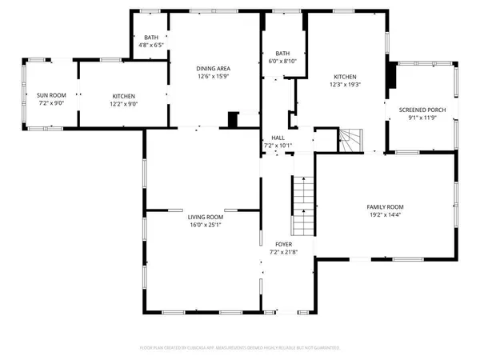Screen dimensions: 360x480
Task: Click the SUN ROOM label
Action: coord(50,95)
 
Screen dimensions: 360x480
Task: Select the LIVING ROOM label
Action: coord(205,217)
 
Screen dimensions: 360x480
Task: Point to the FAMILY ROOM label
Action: coord(385,206)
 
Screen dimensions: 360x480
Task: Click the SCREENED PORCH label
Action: coord(422,110)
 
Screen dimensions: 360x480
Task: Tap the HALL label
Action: coord(278,138)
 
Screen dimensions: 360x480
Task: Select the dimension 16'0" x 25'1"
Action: coord(205,225)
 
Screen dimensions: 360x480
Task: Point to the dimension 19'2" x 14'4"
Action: coord(385,214)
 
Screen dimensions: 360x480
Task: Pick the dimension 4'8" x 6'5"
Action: coord(150,46)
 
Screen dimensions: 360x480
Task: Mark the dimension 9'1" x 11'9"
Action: coord(422,118)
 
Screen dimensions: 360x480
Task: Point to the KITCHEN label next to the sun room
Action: coord(123,95)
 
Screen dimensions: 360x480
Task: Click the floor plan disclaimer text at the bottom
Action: coord(240,348)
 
